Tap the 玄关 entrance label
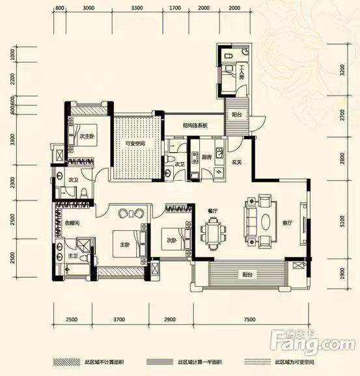pos(236,162)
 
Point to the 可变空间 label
pos(135,144)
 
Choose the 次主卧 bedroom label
pos(87,137)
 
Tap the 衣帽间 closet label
pos(72,222)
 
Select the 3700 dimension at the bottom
pos(118,320)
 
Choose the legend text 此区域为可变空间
pos(298,362)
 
